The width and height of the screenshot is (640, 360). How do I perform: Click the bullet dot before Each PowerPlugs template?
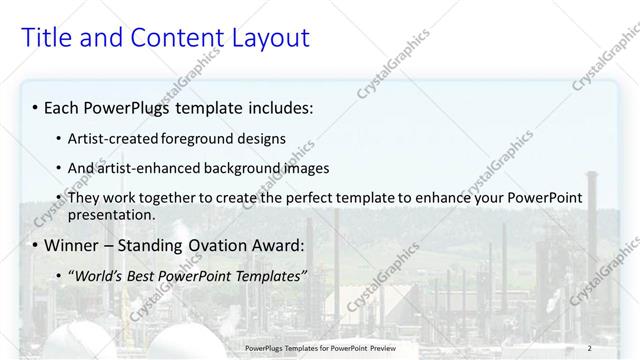coord(36,107)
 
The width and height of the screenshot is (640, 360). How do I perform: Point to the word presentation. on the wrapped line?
coord(112,215)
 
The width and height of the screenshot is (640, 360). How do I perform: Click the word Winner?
coord(73,245)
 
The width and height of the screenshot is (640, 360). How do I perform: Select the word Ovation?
coord(219,245)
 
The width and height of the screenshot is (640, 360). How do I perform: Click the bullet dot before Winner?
coord(36,246)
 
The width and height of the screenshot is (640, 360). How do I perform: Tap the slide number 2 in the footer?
coord(589,347)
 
